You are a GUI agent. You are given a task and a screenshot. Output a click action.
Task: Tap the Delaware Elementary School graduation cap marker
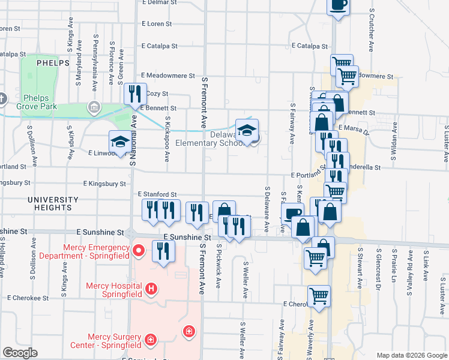(x=247, y=130)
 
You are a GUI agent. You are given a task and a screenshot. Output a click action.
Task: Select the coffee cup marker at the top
(x=338, y=5)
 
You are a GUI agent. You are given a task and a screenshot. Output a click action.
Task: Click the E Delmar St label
(x=157, y=2)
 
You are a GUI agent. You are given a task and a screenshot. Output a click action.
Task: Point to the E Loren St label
(x=157, y=24)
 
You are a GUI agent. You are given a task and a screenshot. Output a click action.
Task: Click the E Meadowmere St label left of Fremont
(x=167, y=76)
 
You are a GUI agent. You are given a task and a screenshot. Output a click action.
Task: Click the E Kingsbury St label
(x=105, y=183)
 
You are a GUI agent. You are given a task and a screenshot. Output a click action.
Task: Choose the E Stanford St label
(x=157, y=195)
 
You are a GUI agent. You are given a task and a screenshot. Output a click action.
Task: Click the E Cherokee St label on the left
(x=28, y=298)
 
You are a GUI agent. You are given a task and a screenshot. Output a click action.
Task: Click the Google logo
(x=20, y=353)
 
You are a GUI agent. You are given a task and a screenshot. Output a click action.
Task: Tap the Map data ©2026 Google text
(x=411, y=355)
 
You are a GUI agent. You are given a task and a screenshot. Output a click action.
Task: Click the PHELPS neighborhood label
(x=53, y=62)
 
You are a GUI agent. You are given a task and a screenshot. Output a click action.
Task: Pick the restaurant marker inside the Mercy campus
(x=163, y=251)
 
